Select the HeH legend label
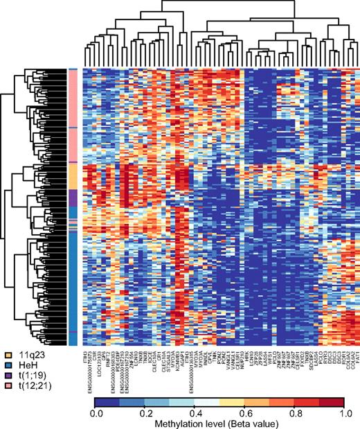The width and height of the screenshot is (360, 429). (27, 364)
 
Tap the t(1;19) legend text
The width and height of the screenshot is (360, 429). (30, 374)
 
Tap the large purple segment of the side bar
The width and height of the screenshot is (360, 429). (73, 196)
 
